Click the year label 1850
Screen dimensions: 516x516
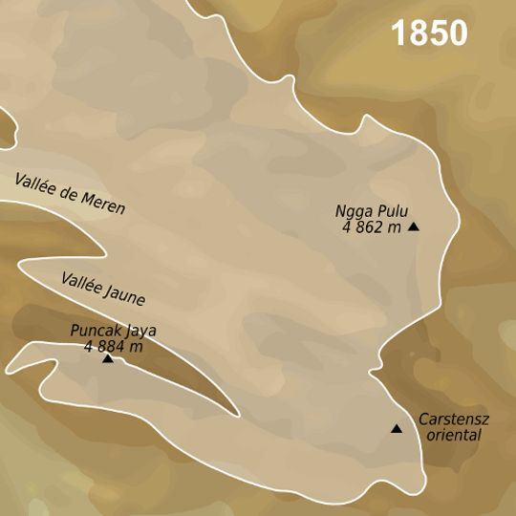click(429, 33)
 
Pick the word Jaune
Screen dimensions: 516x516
click(126, 297)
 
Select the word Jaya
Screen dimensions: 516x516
click(138, 332)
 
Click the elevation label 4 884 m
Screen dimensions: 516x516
click(113, 346)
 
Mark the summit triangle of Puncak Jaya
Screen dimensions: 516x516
click(108, 358)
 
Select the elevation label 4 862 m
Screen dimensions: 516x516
click(371, 226)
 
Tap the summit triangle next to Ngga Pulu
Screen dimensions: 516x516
click(414, 226)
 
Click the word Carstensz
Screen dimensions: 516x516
click(449, 419)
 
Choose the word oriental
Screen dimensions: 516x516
click(453, 435)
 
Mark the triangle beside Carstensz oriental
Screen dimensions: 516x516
click(397, 429)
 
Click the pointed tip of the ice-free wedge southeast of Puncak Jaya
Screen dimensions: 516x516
click(238, 416)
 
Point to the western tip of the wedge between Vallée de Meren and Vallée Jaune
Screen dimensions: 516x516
click(19, 262)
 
